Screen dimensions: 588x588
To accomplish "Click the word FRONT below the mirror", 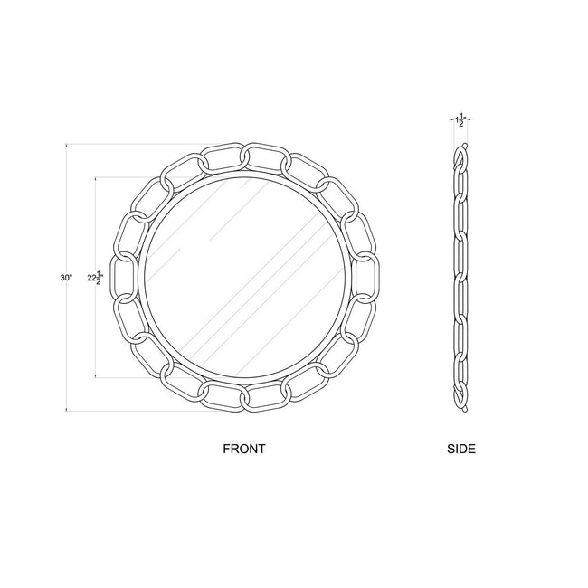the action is click(x=244, y=449).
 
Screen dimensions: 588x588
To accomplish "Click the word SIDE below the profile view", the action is click(x=461, y=449).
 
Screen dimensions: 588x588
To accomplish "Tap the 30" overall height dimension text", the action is click(x=66, y=278).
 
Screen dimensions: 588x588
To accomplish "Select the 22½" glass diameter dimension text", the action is click(x=95, y=278).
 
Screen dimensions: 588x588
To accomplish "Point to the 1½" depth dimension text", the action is click(x=461, y=119).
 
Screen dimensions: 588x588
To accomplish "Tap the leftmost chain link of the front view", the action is click(x=124, y=278).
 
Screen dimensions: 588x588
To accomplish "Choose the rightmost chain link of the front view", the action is click(x=367, y=278).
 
